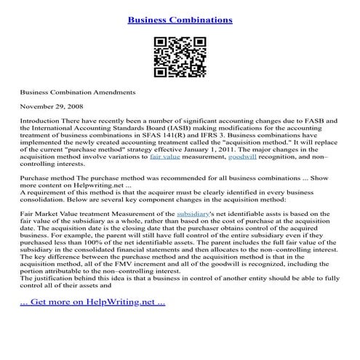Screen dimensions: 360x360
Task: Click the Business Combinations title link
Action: click(180, 20)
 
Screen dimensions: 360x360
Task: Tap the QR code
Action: click(180, 58)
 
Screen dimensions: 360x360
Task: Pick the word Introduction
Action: click(40, 120)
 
